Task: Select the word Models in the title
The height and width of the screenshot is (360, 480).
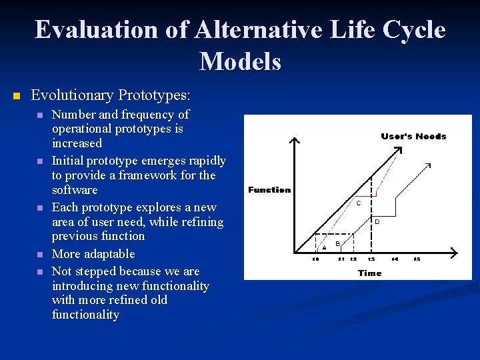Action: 240,61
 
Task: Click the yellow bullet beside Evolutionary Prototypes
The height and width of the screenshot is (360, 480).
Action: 17,97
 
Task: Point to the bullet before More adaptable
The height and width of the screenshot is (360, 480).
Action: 39,255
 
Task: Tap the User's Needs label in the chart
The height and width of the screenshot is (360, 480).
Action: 413,136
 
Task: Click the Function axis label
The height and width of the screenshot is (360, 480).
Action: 269,190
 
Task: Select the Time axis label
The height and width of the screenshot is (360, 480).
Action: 369,273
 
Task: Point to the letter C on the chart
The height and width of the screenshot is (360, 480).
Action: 359,203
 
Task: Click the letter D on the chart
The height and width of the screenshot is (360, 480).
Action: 377,221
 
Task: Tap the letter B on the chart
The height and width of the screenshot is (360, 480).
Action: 337,243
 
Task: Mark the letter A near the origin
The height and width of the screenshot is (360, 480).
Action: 324,248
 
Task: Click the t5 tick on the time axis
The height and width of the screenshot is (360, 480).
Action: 417,259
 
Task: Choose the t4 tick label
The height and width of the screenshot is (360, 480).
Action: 395,259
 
